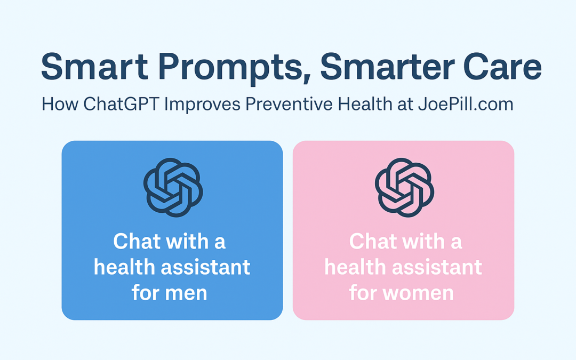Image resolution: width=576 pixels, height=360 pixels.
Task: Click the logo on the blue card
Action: point(172,188)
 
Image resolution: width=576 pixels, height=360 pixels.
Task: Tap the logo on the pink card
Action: point(404,188)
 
